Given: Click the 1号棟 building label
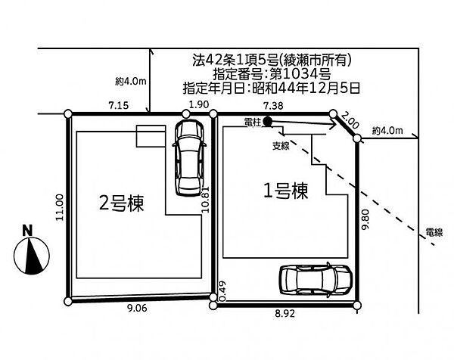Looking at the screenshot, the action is coord(285,191).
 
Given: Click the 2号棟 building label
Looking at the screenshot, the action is coord(121,203).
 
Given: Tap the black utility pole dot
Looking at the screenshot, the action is coord(267,122).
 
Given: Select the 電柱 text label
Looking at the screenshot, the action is coord(253,123).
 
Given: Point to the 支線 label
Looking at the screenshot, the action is coord(281,146).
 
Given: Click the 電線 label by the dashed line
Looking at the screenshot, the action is coord(434,232).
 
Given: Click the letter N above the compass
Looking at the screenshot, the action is coord(27,231).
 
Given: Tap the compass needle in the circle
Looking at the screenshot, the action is coord(35,255).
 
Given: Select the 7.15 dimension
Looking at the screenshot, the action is coord(119,105).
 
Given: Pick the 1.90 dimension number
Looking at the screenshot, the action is coord(198,104).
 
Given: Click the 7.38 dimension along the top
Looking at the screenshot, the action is coord(273,106).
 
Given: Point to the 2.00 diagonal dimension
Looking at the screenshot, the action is coord(350,120).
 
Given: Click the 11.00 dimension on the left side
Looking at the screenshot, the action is coord(59,207).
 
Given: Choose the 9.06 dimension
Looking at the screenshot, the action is coord(137,309).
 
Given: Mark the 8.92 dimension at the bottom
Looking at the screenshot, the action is coord(285,313).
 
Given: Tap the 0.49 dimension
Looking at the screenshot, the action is coord(222,291).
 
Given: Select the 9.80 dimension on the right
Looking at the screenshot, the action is coord(365,219).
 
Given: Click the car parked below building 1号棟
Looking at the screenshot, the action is coord(316,279).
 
